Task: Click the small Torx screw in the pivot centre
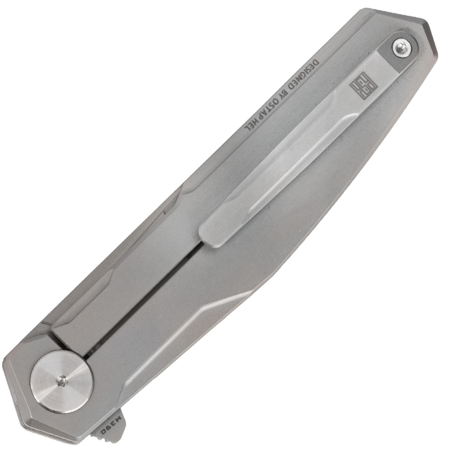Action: tap(63, 381)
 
